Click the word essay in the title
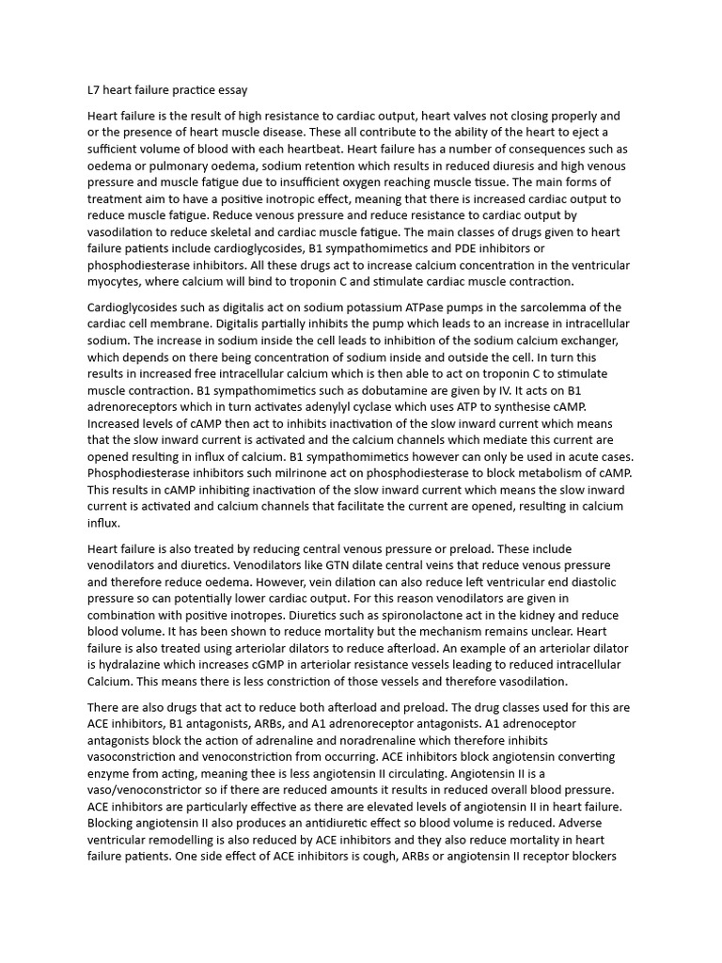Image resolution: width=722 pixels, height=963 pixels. [x=230, y=91]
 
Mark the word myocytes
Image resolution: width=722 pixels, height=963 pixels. [x=117, y=282]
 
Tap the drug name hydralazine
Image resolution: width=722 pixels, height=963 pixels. [x=131, y=665]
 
